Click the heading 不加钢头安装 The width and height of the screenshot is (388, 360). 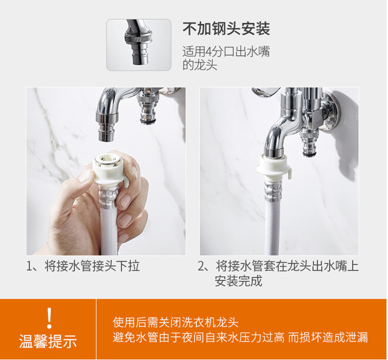pos(226,29)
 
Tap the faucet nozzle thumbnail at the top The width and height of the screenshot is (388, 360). pos(139,45)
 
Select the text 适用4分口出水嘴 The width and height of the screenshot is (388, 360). pos(226,52)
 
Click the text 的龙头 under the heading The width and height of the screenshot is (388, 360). pos(200,65)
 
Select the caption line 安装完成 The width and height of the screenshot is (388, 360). pos(238,281)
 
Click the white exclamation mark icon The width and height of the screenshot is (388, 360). pos(50,318)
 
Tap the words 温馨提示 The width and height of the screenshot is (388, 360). pos(48,341)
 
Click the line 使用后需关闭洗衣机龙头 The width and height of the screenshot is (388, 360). pos(176,322)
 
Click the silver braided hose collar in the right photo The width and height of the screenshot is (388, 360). pos(273,191)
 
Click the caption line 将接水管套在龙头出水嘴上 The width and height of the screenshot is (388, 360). pos(287,266)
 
